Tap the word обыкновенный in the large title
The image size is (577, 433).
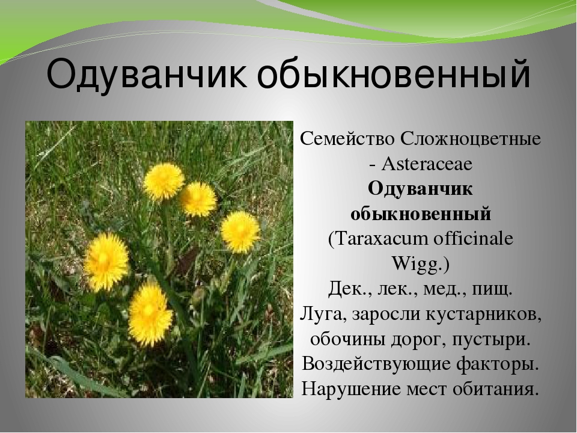tap(395, 75)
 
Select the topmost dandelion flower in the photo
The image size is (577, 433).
tap(163, 181)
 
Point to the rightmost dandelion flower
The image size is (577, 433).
tap(240, 231)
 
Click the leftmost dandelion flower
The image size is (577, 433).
tap(106, 261)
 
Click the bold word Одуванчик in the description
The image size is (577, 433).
tap(420, 188)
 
